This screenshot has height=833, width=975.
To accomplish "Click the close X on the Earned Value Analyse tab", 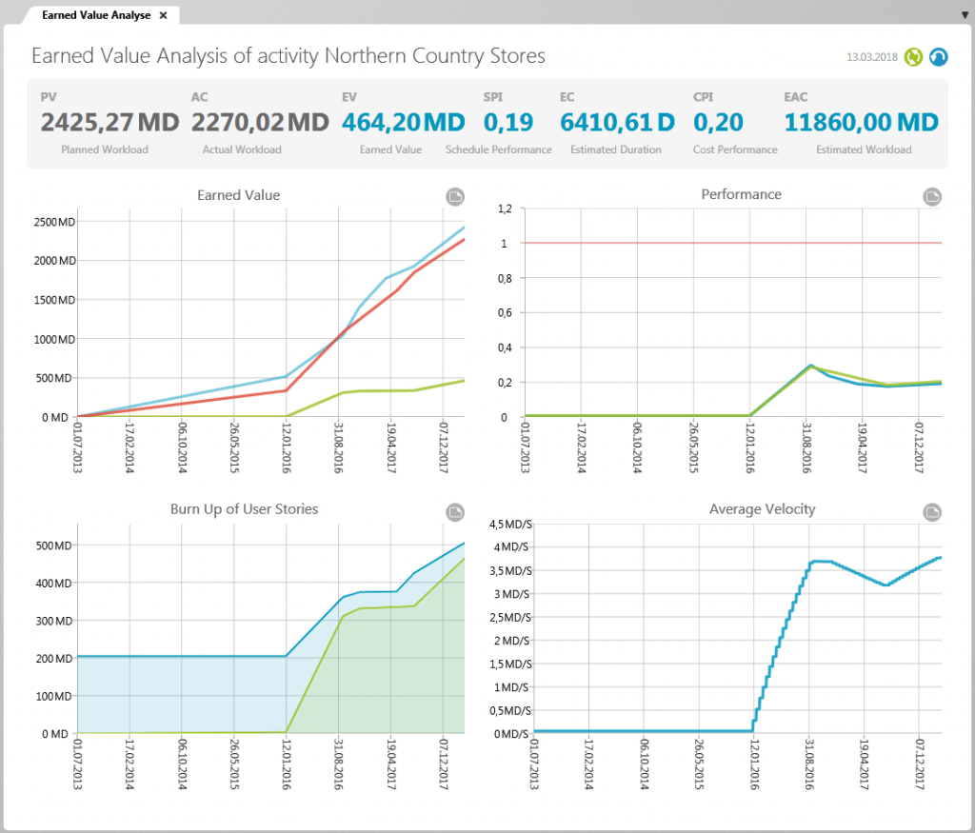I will click(163, 15).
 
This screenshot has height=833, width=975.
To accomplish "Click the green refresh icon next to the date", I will click(914, 57).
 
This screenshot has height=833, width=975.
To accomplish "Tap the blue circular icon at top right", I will click(939, 57).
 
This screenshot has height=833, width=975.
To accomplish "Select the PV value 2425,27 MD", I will click(109, 122).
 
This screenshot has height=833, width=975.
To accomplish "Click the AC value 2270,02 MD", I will click(260, 122).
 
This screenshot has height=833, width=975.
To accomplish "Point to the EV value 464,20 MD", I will click(403, 122).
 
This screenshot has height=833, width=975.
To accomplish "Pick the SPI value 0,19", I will click(507, 122).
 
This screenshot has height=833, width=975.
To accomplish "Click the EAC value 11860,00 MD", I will click(861, 122).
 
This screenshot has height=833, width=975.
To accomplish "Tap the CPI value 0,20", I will click(718, 122).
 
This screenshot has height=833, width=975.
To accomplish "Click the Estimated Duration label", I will click(607, 149).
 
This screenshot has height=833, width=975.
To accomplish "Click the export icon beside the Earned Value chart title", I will click(455, 196).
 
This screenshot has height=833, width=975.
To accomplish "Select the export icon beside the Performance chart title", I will click(932, 196).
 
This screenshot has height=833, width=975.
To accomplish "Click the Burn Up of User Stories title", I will click(244, 509).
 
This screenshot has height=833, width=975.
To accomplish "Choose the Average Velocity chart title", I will click(762, 509).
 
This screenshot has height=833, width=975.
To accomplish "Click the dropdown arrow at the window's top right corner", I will click(965, 15).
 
